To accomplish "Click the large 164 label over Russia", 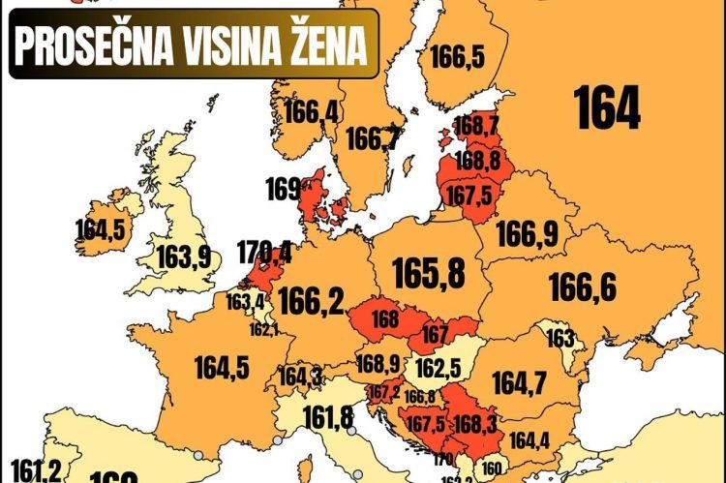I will click(608, 108).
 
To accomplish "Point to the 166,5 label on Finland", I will click(456, 58).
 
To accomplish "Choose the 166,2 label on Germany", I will click(311, 302).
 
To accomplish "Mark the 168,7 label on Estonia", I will click(475, 126).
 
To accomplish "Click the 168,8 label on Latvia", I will click(476, 159).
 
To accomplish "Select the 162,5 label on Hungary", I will click(437, 370).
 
